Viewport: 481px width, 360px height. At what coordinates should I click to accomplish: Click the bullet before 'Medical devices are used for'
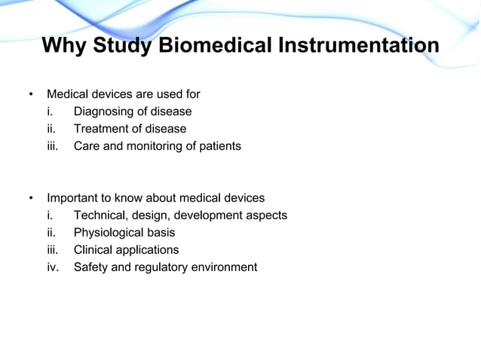(x=31, y=95)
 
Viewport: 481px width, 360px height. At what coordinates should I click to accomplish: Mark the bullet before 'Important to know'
(x=31, y=199)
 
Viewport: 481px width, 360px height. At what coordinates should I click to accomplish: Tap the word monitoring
(x=150, y=146)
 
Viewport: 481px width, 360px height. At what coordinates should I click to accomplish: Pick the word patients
(x=219, y=146)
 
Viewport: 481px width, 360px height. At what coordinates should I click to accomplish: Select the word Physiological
(x=109, y=233)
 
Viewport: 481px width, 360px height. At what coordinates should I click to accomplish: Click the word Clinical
(x=94, y=250)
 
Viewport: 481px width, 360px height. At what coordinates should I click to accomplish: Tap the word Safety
(x=90, y=267)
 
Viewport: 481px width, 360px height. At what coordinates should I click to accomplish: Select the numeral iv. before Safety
(x=53, y=267)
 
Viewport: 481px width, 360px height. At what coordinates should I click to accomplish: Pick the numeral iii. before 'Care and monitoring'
(x=52, y=146)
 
